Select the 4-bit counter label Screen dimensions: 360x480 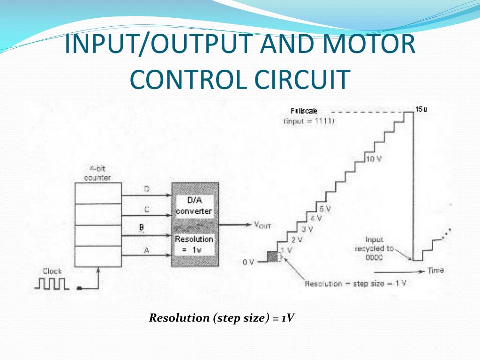97,173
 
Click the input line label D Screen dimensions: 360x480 146,189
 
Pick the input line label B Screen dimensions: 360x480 142,228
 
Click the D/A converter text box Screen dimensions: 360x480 194,207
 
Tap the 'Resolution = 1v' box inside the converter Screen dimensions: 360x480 194,244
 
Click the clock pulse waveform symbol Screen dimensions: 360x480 52,284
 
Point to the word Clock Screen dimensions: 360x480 52,271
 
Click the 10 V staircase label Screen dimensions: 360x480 373,159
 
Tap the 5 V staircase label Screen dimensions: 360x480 324,209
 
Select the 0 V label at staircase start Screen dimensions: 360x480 248,262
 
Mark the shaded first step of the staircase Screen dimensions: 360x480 273,256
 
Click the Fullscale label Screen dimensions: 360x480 304,112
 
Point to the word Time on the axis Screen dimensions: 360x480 435,270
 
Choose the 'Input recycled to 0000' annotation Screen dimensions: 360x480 374,248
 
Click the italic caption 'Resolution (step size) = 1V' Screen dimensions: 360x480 221,318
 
